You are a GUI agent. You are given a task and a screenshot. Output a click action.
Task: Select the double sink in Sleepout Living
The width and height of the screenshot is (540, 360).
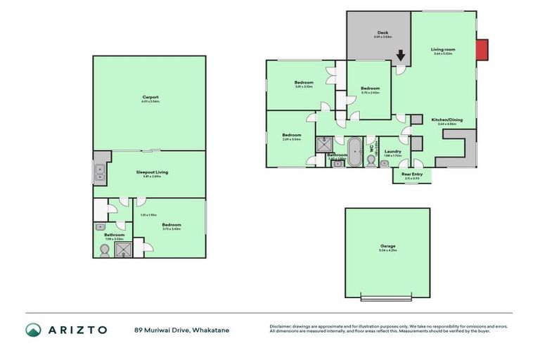click(x=99, y=172)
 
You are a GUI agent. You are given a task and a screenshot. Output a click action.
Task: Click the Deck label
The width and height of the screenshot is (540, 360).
click(x=382, y=32)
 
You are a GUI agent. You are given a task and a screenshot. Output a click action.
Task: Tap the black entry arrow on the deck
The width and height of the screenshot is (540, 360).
click(x=401, y=55)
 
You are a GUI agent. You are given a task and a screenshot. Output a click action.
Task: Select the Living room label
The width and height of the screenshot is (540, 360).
click(x=444, y=49)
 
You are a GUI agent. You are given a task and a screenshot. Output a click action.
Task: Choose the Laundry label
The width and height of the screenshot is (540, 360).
click(x=392, y=151)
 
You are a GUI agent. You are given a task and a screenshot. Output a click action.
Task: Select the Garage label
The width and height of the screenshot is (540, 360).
click(x=387, y=246)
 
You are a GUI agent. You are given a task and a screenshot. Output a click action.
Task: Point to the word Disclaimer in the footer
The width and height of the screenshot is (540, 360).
click(x=282, y=326)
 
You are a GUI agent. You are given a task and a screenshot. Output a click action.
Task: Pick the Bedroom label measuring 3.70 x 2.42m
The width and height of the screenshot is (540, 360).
click(x=371, y=89)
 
